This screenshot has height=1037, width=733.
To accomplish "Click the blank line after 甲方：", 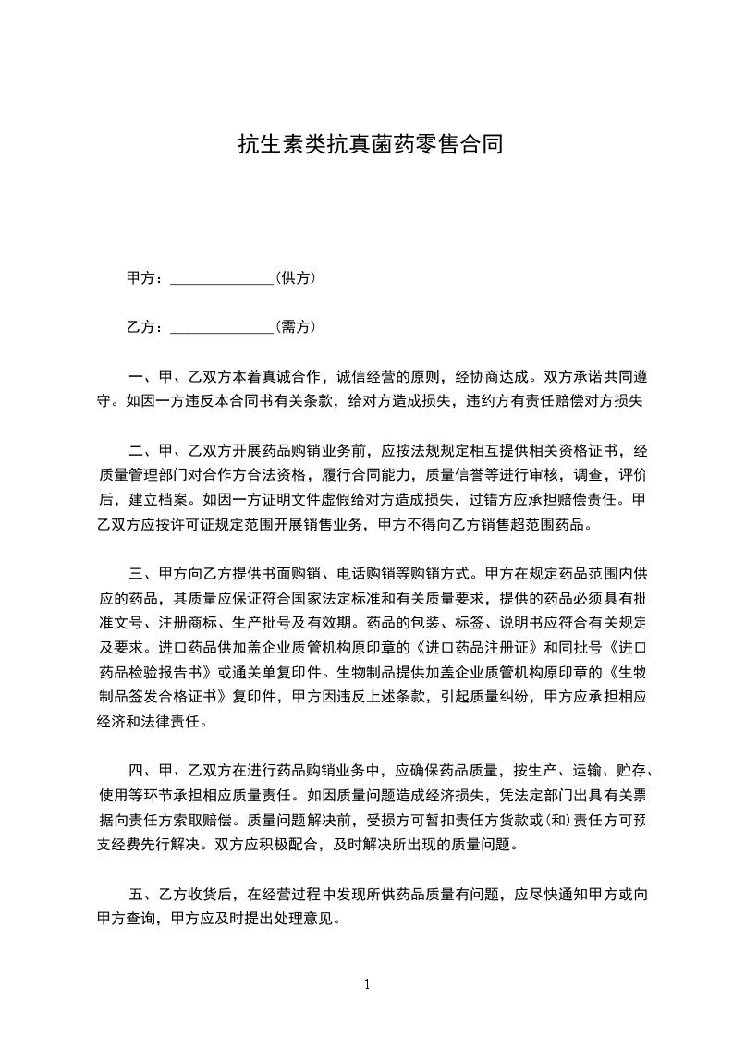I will point(222,278).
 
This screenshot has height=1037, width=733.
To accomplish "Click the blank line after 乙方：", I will point(222,327).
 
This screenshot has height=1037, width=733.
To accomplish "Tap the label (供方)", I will point(296,278).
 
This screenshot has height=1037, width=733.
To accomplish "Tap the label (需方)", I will point(296,327).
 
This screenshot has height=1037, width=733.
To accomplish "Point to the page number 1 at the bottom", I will point(367,984).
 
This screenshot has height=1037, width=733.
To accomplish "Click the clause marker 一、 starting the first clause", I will point(142,377).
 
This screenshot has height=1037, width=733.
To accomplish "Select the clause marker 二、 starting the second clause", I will point(142,451).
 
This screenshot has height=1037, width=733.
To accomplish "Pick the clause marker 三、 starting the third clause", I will point(142,572).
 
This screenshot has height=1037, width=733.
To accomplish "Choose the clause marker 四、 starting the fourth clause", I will point(142,768).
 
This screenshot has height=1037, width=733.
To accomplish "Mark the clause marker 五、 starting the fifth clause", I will point(142,895).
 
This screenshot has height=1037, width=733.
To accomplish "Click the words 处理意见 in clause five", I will point(312,920).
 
